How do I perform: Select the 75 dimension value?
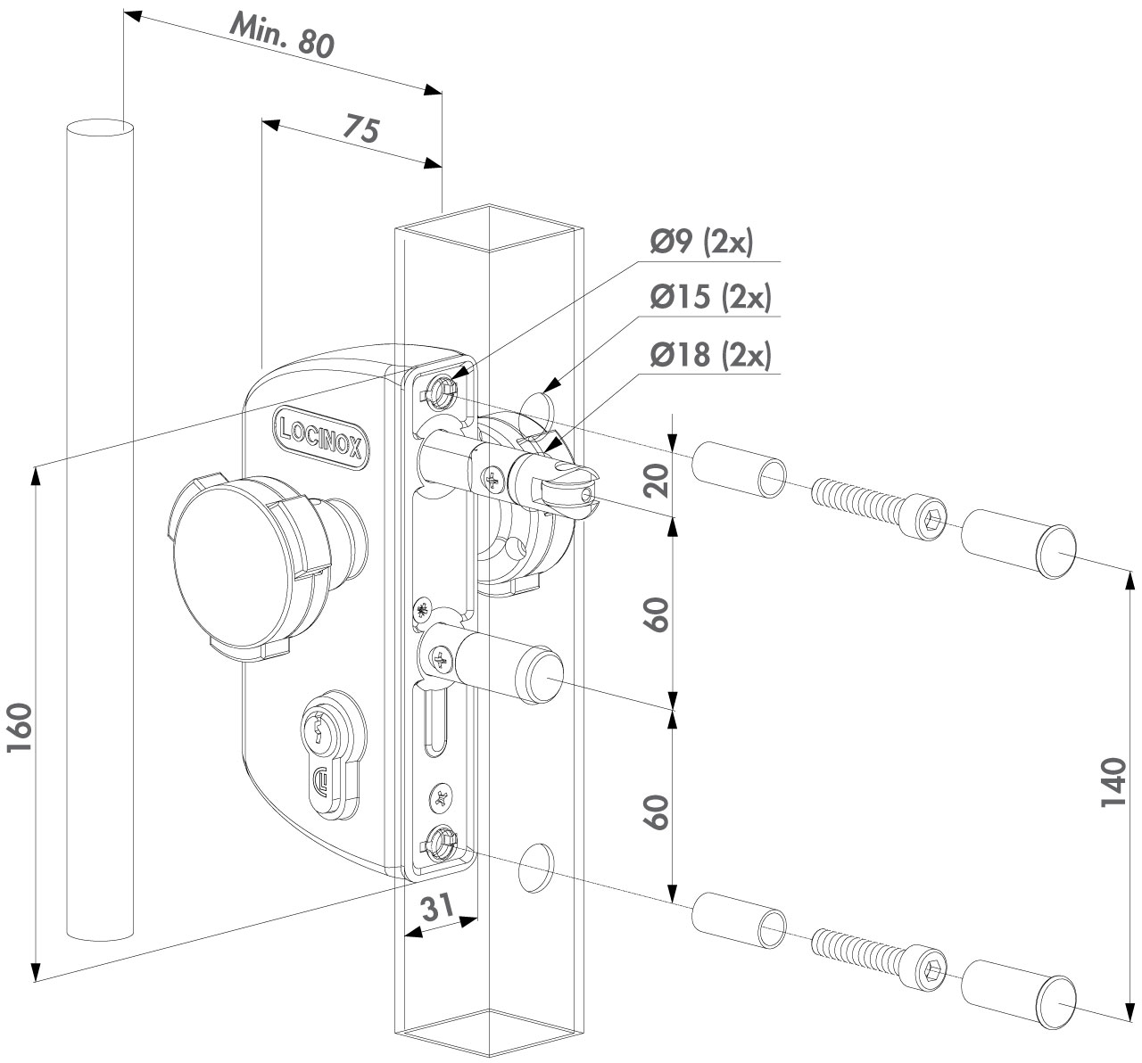[x=362, y=130]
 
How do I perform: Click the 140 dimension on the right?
[x=1113, y=783]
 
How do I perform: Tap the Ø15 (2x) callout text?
[x=710, y=298]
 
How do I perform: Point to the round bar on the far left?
[x=101, y=535]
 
